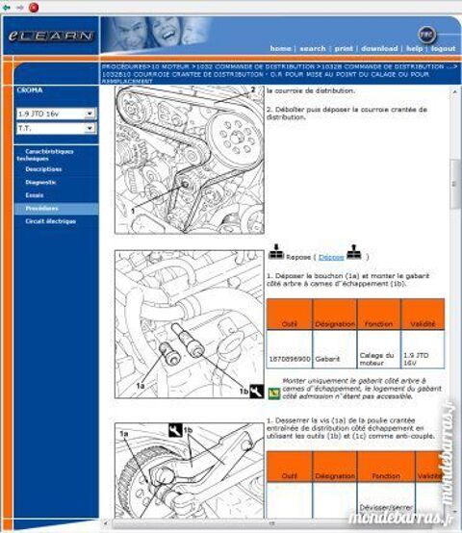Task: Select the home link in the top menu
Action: click(x=280, y=48)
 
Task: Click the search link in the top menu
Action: click(x=312, y=48)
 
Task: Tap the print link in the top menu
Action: click(x=344, y=48)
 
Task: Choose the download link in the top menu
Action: click(x=379, y=48)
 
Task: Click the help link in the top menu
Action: click(x=414, y=48)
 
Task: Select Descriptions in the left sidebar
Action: click(x=43, y=169)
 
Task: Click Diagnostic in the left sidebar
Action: click(x=40, y=182)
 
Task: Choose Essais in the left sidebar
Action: click(x=35, y=195)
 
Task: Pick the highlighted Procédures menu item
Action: click(x=41, y=208)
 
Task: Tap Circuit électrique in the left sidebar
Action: click(x=50, y=221)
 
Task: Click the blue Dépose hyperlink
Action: click(x=331, y=257)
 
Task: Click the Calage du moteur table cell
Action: click(x=377, y=358)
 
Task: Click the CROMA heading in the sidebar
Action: click(x=30, y=90)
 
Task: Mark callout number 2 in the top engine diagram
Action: click(x=252, y=90)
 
